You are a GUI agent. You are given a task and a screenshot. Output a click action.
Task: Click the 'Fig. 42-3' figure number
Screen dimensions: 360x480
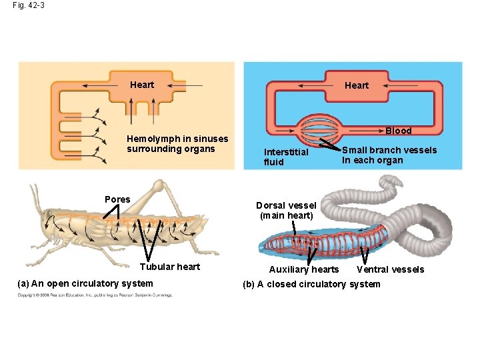(x=28, y=6)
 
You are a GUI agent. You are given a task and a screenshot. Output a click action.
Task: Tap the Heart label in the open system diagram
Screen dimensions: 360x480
(x=141, y=85)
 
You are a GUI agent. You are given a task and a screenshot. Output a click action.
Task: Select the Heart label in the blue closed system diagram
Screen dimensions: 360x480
(x=356, y=85)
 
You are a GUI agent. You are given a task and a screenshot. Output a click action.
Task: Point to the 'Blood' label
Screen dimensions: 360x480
(x=398, y=131)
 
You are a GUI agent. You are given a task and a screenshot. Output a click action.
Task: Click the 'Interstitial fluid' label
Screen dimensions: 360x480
(x=285, y=157)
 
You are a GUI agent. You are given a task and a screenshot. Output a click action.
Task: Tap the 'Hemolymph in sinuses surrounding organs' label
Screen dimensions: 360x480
(x=177, y=143)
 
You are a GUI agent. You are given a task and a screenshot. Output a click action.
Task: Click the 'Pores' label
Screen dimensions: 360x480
(x=117, y=199)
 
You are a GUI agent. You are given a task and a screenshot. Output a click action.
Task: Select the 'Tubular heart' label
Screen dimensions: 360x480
(x=169, y=267)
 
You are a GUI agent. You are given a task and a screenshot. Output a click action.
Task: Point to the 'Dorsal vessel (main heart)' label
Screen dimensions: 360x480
(x=286, y=210)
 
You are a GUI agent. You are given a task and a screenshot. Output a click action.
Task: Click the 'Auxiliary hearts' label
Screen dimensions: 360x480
(x=303, y=269)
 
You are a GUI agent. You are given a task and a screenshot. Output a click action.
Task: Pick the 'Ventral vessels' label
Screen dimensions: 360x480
(x=390, y=269)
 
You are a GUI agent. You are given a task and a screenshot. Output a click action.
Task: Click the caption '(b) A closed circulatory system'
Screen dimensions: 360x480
(x=311, y=284)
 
